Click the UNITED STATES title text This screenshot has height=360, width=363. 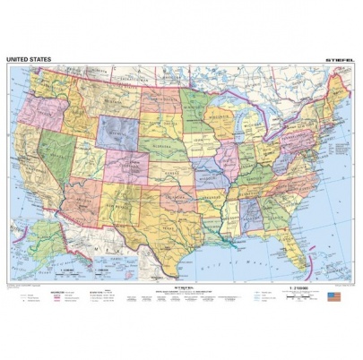tap(29, 60)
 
